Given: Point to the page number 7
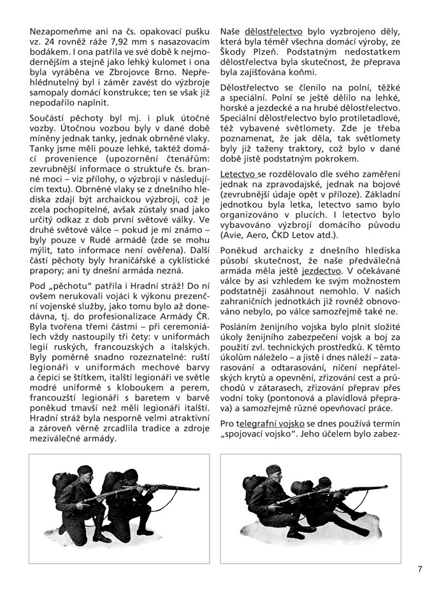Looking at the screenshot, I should (420, 569).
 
